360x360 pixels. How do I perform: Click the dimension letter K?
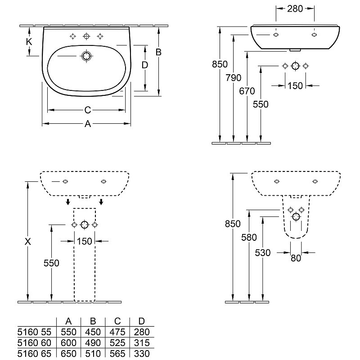[29, 42]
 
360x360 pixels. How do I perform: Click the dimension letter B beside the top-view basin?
[158, 52]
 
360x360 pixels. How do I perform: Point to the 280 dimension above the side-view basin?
[295, 9]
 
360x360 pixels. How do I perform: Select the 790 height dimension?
[233, 78]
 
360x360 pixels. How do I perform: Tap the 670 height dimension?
[247, 91]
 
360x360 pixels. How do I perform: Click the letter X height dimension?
[28, 242]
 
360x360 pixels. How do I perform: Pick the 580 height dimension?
[249, 238]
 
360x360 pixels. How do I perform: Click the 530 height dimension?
[263, 253]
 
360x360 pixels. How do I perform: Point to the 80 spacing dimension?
[296, 258]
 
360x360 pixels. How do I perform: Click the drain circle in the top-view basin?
[86, 56]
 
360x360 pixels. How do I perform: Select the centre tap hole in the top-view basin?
[86, 36]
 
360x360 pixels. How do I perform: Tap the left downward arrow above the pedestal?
[68, 202]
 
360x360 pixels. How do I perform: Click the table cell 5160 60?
[34, 343]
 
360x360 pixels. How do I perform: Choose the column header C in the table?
[117, 321]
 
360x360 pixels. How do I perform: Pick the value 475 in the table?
[117, 332]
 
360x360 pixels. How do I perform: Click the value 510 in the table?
[93, 354]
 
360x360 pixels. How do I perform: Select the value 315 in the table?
[142, 343]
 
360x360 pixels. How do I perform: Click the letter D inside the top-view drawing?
[144, 65]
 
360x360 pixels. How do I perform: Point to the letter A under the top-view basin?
[88, 124]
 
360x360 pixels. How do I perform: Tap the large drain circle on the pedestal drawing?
[85, 225]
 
